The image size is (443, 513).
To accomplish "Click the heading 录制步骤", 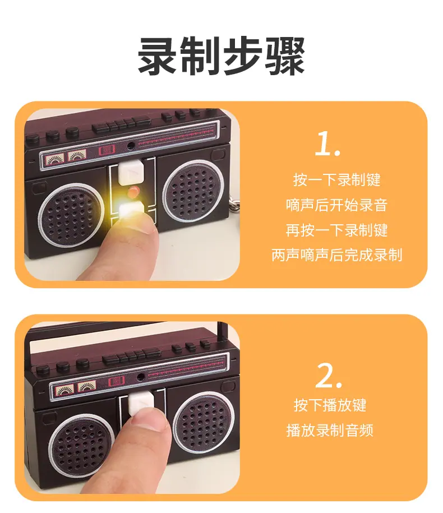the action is click(221, 56).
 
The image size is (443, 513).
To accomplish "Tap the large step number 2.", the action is click(329, 376).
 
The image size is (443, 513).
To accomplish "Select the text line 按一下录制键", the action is click(336, 179).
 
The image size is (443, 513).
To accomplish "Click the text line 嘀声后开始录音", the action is click(336, 205).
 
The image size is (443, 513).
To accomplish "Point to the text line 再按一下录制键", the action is click(336, 230).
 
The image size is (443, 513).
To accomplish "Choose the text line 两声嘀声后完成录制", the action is click(336, 255).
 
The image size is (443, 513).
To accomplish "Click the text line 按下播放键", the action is click(330, 405).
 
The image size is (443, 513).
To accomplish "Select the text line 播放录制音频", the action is click(330, 430).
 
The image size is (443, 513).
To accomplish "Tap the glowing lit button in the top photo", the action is click(131, 209).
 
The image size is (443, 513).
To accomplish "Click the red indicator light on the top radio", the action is click(133, 192).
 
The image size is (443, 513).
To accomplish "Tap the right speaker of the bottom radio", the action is click(204, 423).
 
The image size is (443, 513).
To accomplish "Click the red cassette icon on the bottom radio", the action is click(117, 381).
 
